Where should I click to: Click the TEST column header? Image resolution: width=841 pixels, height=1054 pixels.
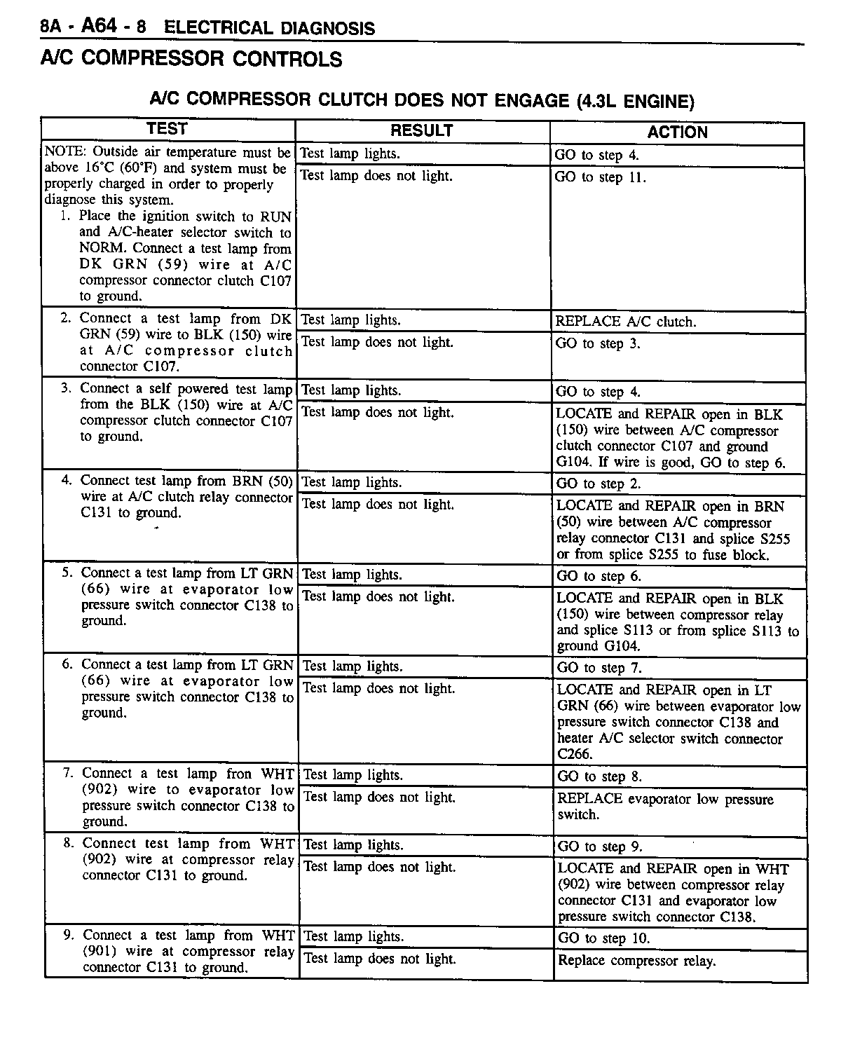click(x=167, y=129)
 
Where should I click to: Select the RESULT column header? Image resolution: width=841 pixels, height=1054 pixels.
click(x=421, y=131)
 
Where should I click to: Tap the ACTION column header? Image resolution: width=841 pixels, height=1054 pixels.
click(x=677, y=132)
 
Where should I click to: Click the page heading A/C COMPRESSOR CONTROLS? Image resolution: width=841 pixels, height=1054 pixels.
click(x=191, y=59)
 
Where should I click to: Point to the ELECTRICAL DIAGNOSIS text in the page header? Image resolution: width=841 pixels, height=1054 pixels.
click(x=269, y=28)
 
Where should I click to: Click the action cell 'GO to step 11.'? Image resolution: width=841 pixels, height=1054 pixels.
click(x=600, y=177)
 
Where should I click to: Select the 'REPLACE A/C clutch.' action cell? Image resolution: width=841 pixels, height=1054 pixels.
click(x=626, y=322)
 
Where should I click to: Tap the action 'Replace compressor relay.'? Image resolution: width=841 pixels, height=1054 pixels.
click(x=636, y=961)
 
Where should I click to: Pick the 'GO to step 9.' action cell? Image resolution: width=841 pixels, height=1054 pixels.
click(x=599, y=847)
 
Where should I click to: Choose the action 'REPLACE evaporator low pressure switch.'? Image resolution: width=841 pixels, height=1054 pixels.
click(x=665, y=807)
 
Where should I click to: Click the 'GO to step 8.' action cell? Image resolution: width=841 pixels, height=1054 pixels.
click(x=599, y=776)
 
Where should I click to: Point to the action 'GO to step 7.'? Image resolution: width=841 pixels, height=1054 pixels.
click(x=599, y=668)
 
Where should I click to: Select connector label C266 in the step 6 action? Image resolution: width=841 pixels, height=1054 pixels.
click(x=575, y=755)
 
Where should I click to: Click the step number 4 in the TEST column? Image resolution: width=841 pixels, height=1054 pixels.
click(x=67, y=481)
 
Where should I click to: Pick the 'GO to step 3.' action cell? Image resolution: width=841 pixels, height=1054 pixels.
click(x=598, y=344)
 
